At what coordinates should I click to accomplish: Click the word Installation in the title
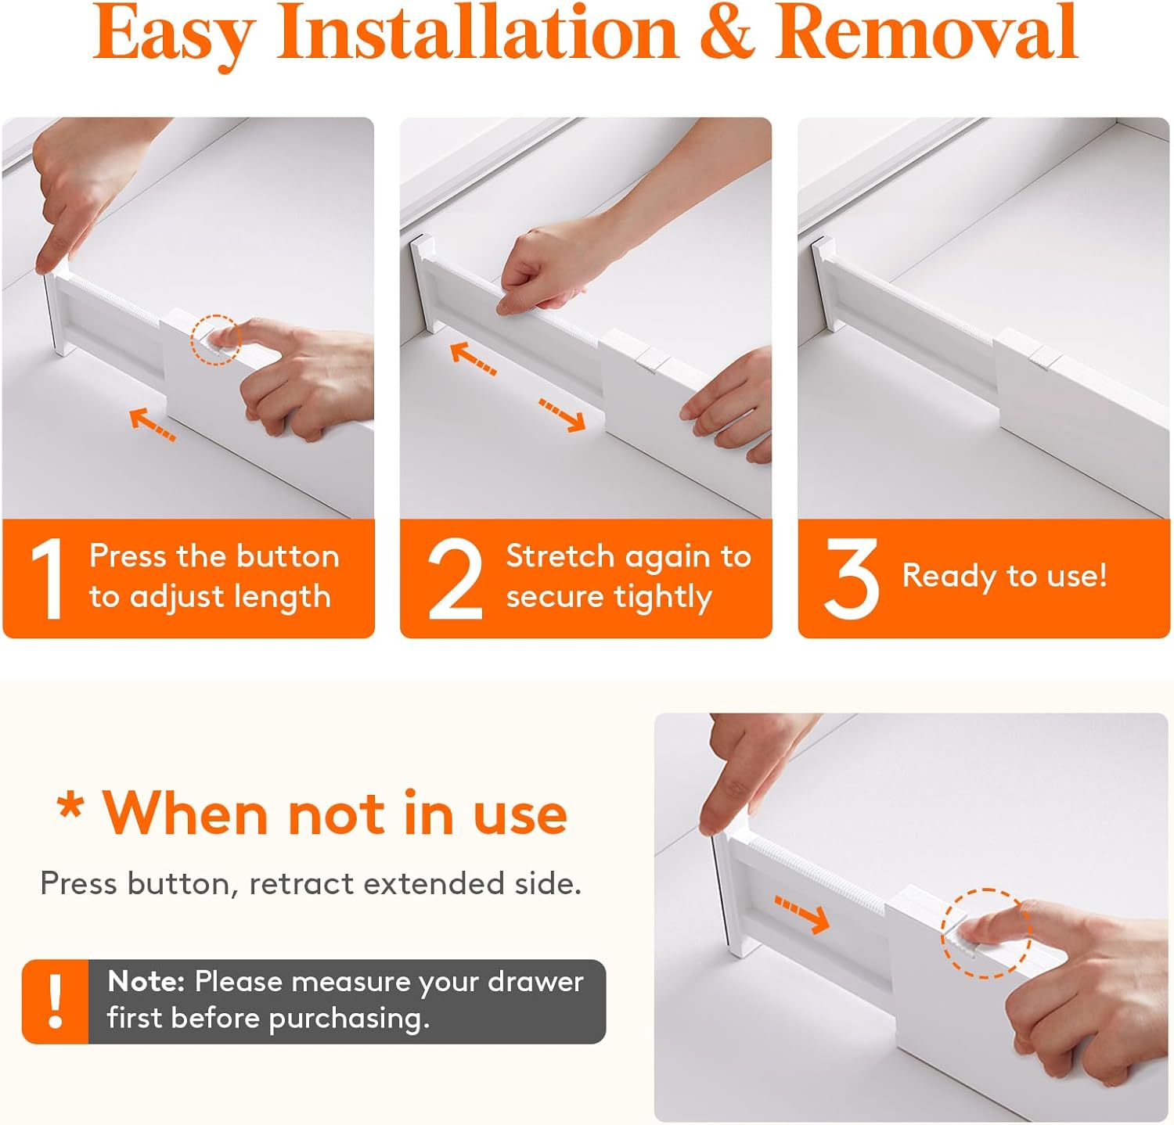tap(477, 33)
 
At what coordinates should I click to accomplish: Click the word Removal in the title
tap(927, 33)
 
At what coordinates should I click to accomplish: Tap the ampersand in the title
tap(726, 33)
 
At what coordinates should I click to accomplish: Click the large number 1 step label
tap(47, 579)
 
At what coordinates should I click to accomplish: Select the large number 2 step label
tap(455, 579)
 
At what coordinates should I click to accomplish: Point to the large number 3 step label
tap(851, 579)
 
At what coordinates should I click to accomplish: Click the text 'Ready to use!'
tap(1004, 576)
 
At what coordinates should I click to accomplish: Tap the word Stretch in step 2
tap(560, 556)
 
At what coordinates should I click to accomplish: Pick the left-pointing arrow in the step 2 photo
tap(473, 359)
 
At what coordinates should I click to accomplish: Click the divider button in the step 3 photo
tap(1044, 357)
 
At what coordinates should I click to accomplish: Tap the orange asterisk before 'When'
tap(70, 806)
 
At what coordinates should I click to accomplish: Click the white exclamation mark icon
tap(55, 1001)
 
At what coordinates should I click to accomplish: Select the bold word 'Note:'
tap(146, 981)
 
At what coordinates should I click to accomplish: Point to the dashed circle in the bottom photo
tap(986, 933)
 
